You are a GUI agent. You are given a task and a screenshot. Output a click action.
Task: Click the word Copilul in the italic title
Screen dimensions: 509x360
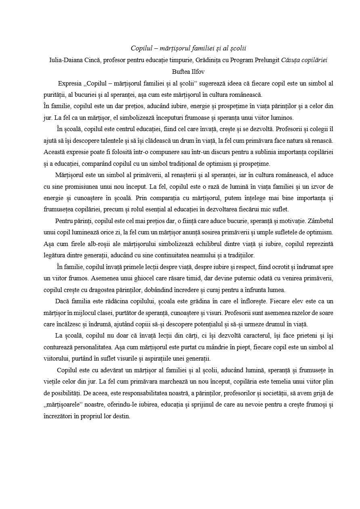140,48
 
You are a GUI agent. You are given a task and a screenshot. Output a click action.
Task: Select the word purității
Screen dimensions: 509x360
54,95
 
